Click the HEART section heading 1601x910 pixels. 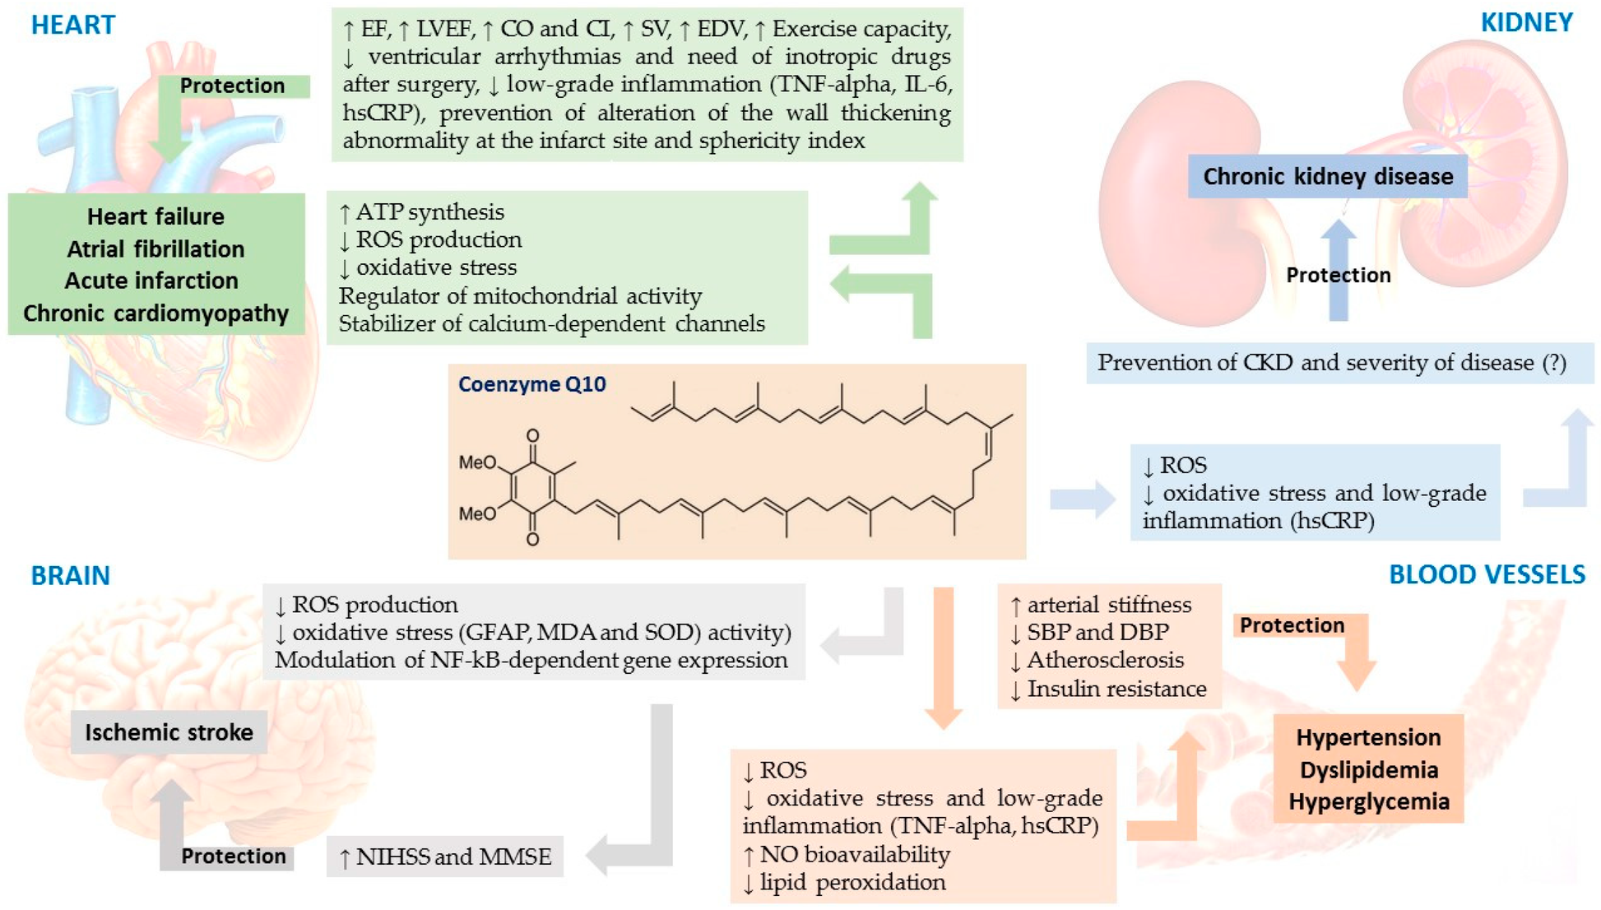click(x=73, y=25)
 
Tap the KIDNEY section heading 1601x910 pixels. click(x=1526, y=22)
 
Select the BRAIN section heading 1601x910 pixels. click(x=70, y=575)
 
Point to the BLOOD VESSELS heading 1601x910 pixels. click(x=1487, y=574)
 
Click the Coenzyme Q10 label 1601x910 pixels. click(x=531, y=384)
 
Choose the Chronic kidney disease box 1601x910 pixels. click(x=1327, y=176)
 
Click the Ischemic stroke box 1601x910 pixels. click(x=169, y=732)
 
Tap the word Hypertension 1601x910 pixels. click(x=1368, y=737)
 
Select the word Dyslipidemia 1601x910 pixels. click(x=1368, y=770)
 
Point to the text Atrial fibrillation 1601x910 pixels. click(x=155, y=248)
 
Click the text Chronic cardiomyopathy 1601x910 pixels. click(x=155, y=313)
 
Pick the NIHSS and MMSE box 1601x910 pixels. click(x=445, y=857)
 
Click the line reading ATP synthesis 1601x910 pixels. click(x=429, y=212)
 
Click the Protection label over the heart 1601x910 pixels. click(x=232, y=86)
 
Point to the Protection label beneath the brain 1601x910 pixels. click(x=233, y=856)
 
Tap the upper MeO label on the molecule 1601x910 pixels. click(x=477, y=462)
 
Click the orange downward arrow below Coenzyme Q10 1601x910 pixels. click(x=943, y=658)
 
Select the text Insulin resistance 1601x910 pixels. click(x=1116, y=689)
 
